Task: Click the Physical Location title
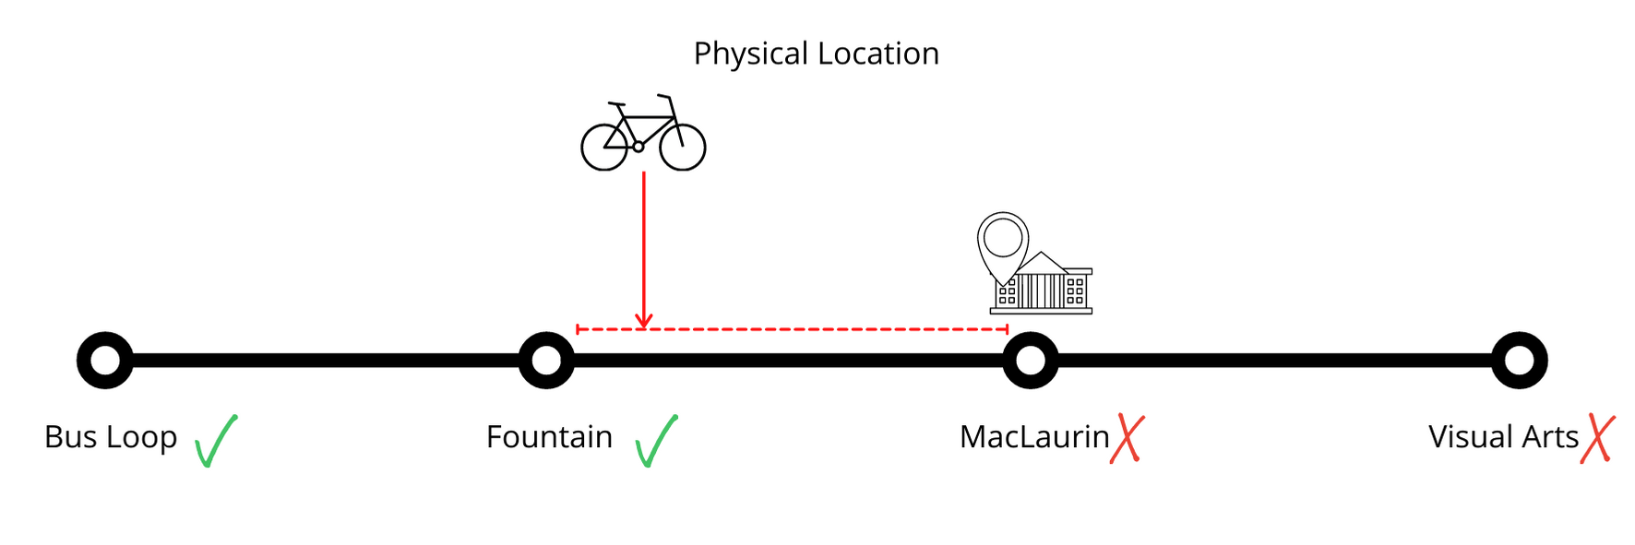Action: (x=816, y=53)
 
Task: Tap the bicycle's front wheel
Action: (x=683, y=148)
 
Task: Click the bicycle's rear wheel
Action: (x=604, y=148)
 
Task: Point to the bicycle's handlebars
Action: (x=664, y=97)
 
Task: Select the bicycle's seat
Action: (x=616, y=104)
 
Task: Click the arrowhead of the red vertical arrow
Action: (x=644, y=321)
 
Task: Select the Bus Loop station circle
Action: (x=105, y=360)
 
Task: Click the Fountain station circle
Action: (x=546, y=360)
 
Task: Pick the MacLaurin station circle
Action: (x=1030, y=360)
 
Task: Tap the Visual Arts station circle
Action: (x=1519, y=360)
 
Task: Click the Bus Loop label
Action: (x=111, y=437)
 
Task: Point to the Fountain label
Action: (x=549, y=437)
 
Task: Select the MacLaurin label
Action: (x=1034, y=437)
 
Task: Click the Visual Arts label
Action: (x=1503, y=437)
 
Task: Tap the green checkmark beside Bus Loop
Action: (x=216, y=441)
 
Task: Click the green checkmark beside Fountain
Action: (x=656, y=441)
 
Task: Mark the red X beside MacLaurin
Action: (x=1128, y=438)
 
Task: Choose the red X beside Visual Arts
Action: (x=1597, y=438)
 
